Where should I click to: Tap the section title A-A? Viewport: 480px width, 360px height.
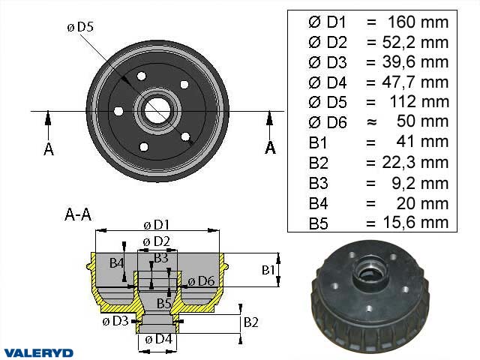tap(78, 215)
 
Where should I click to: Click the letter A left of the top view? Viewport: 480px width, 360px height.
tap(49, 148)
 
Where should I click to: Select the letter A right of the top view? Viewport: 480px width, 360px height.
tap(270, 147)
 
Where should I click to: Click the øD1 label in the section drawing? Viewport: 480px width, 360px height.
tap(155, 225)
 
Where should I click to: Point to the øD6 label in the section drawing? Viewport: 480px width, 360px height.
tap(201, 280)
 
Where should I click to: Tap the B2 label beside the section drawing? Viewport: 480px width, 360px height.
tap(252, 322)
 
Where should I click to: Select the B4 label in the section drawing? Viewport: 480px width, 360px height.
tap(116, 262)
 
